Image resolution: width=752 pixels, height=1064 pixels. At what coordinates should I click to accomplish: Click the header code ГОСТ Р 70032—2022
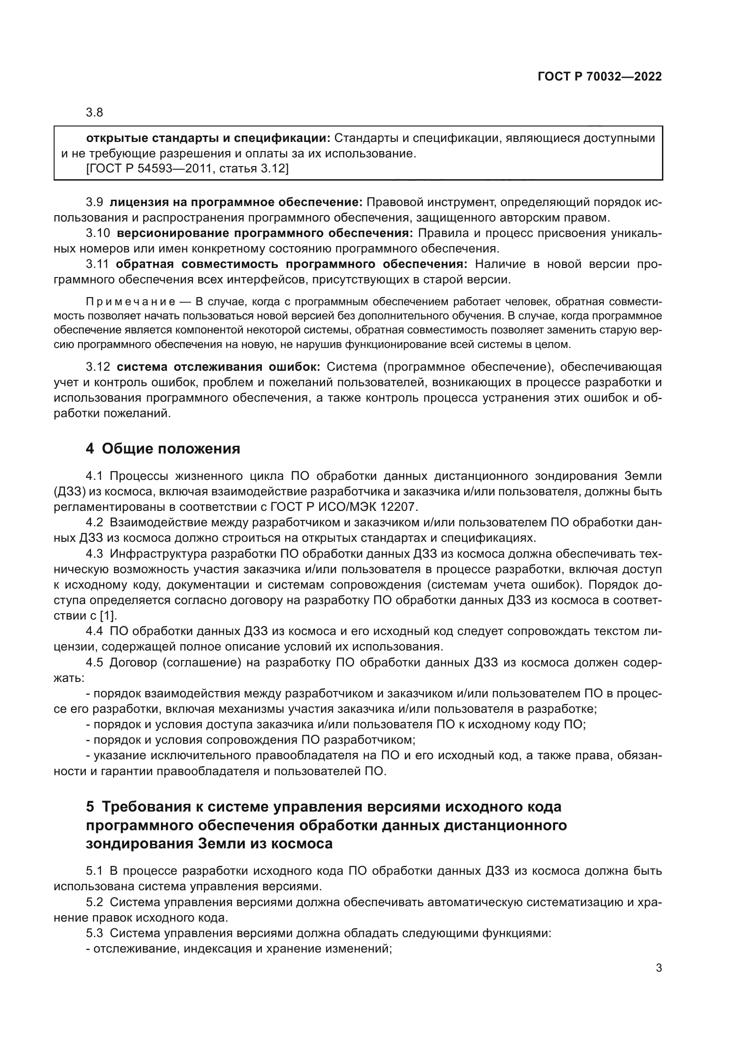pos(600,77)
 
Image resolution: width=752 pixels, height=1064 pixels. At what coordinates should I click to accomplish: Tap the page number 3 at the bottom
pos(658,968)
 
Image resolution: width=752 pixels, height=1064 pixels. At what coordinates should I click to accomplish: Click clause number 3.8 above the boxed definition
pos(95,113)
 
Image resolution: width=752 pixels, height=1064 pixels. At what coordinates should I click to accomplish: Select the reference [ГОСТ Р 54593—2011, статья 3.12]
pos(187,169)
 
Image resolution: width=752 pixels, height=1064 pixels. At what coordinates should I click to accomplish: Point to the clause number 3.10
pos(98,233)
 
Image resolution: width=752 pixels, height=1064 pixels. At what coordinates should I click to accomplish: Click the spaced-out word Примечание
pos(130,303)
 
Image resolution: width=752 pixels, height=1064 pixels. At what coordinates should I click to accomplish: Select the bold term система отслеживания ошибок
pos(218,367)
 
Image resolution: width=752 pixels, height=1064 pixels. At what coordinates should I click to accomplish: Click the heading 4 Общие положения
pos(163,449)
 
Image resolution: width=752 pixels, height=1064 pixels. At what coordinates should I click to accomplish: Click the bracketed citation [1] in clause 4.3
pos(108,616)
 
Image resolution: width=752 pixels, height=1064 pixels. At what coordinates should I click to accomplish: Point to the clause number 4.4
pos(95,631)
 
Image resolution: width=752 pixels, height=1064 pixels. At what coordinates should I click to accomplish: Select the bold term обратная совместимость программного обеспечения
pos(292,264)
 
